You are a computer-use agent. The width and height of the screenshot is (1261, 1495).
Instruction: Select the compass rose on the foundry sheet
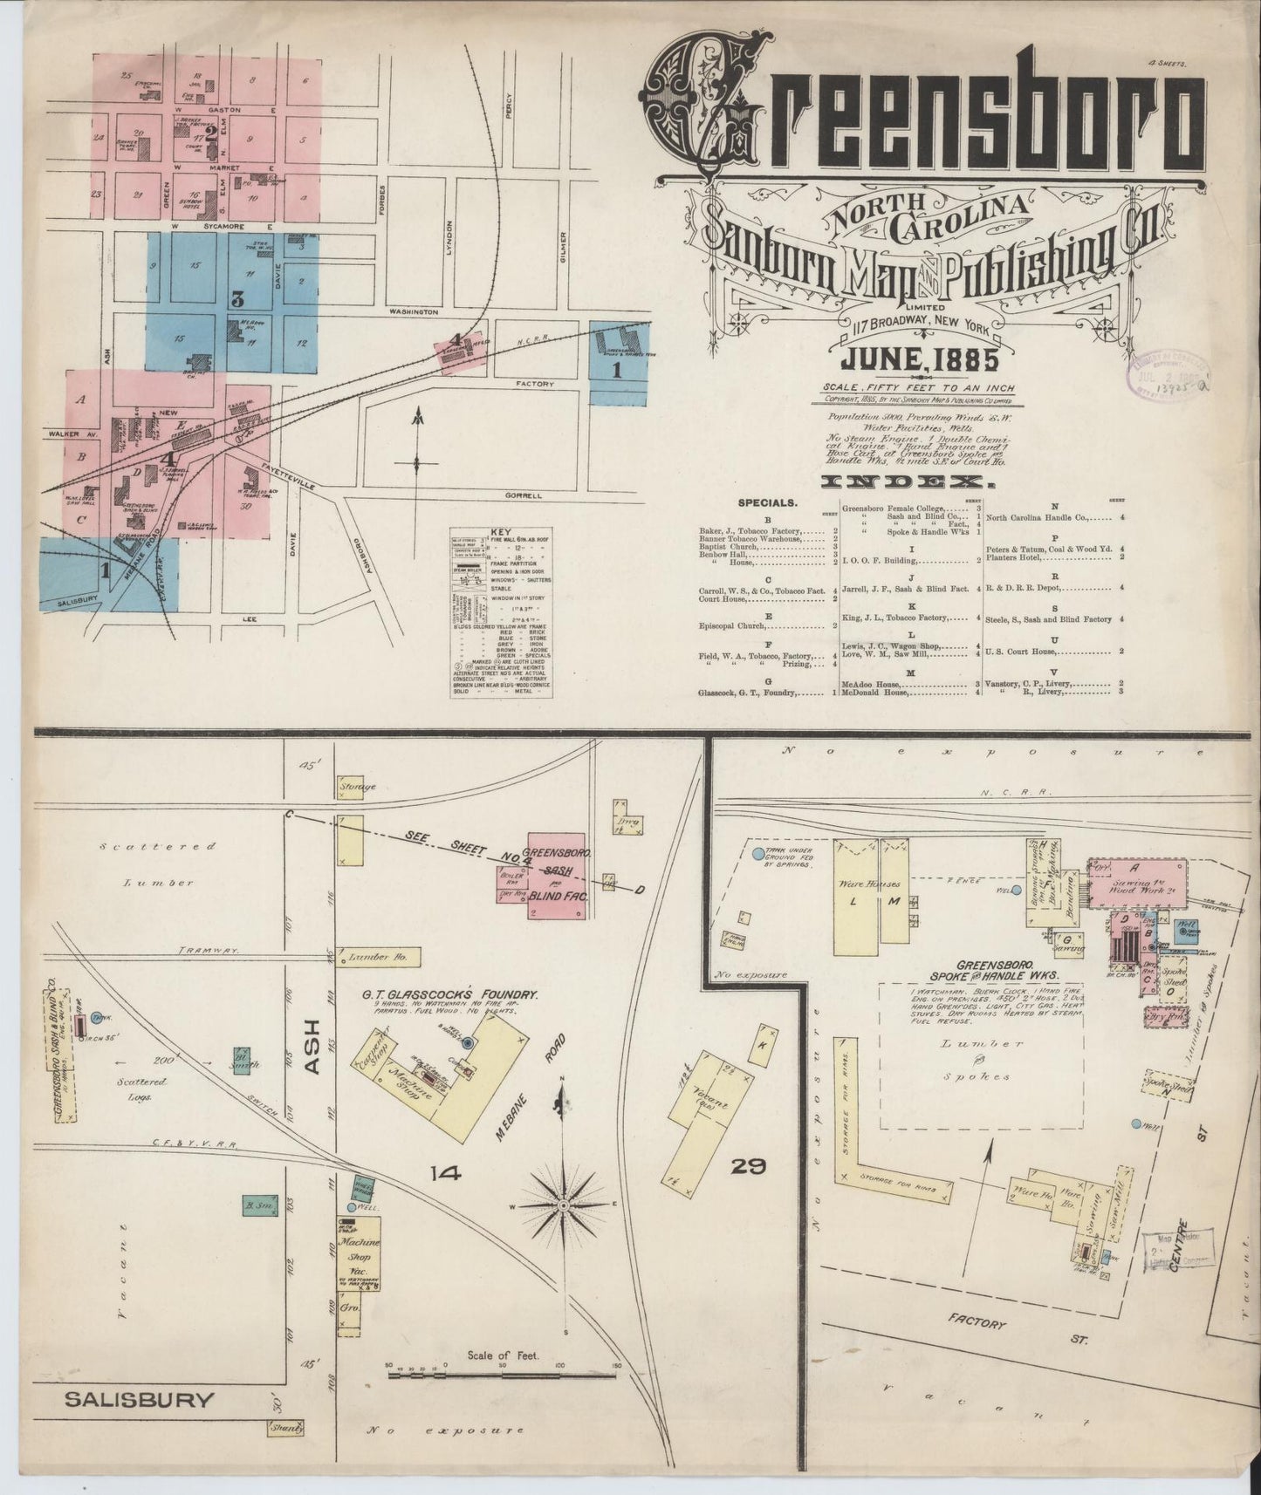(565, 1205)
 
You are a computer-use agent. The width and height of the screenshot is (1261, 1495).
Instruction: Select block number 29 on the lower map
(749, 1166)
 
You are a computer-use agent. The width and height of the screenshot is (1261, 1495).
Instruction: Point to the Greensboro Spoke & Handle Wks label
(1007, 971)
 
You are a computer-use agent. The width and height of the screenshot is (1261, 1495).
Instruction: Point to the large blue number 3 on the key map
(236, 298)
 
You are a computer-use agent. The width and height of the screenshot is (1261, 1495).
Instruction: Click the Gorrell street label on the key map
(523, 495)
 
